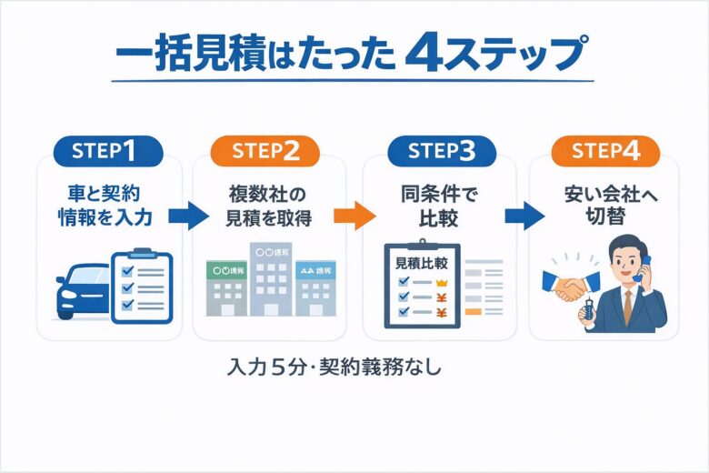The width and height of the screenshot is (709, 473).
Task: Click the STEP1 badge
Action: point(108,152)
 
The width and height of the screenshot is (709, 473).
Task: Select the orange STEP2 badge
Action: point(265,152)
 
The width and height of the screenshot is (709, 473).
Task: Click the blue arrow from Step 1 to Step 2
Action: point(188,217)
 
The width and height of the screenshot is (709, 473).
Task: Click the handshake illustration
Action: point(570,286)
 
